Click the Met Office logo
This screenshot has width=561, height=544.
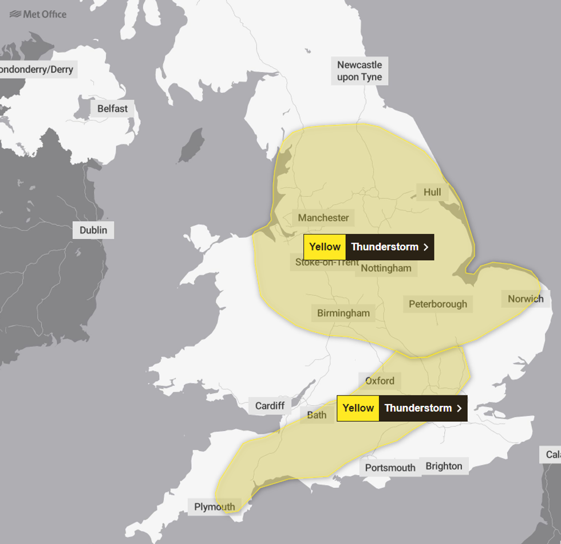[x=38, y=14]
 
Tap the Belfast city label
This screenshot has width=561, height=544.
[x=112, y=108]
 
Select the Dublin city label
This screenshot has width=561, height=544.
[x=93, y=230]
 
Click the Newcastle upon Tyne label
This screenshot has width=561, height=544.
[x=359, y=71]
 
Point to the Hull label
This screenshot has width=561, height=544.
[x=432, y=192]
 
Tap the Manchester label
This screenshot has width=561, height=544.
[x=323, y=218]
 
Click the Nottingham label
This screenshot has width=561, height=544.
[x=387, y=268]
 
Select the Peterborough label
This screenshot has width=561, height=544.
[x=438, y=304]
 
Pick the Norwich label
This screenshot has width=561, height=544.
[x=525, y=299]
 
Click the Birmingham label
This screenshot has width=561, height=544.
[x=343, y=313]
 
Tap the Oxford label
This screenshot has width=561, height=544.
[x=380, y=381]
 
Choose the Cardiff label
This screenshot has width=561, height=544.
[x=270, y=406]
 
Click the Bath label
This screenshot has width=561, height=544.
[x=317, y=415]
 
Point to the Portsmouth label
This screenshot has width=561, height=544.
[x=390, y=468]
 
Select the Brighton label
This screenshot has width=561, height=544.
[x=444, y=466]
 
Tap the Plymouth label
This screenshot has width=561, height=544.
[x=214, y=507]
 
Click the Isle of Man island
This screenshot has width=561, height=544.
[x=192, y=145]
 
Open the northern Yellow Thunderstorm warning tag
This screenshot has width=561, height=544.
[x=368, y=247]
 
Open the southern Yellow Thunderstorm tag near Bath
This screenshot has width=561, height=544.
[x=402, y=408]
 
